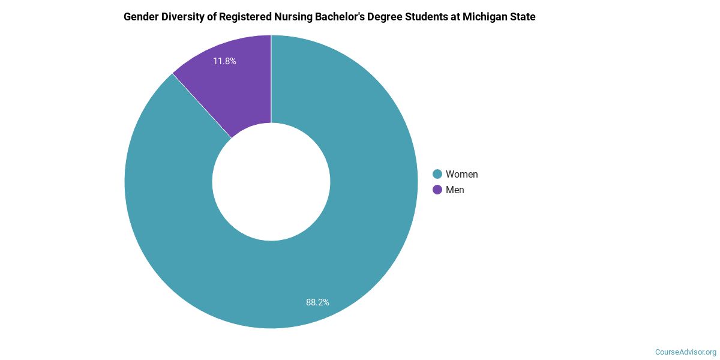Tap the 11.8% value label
(x=224, y=61)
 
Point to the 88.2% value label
(x=317, y=302)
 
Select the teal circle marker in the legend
(x=437, y=174)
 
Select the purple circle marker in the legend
(x=437, y=190)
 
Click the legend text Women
(x=461, y=174)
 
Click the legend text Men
(x=455, y=190)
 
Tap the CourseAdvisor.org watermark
(x=685, y=352)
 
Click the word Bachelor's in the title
(x=344, y=17)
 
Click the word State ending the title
(x=523, y=17)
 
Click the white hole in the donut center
(x=271, y=182)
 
